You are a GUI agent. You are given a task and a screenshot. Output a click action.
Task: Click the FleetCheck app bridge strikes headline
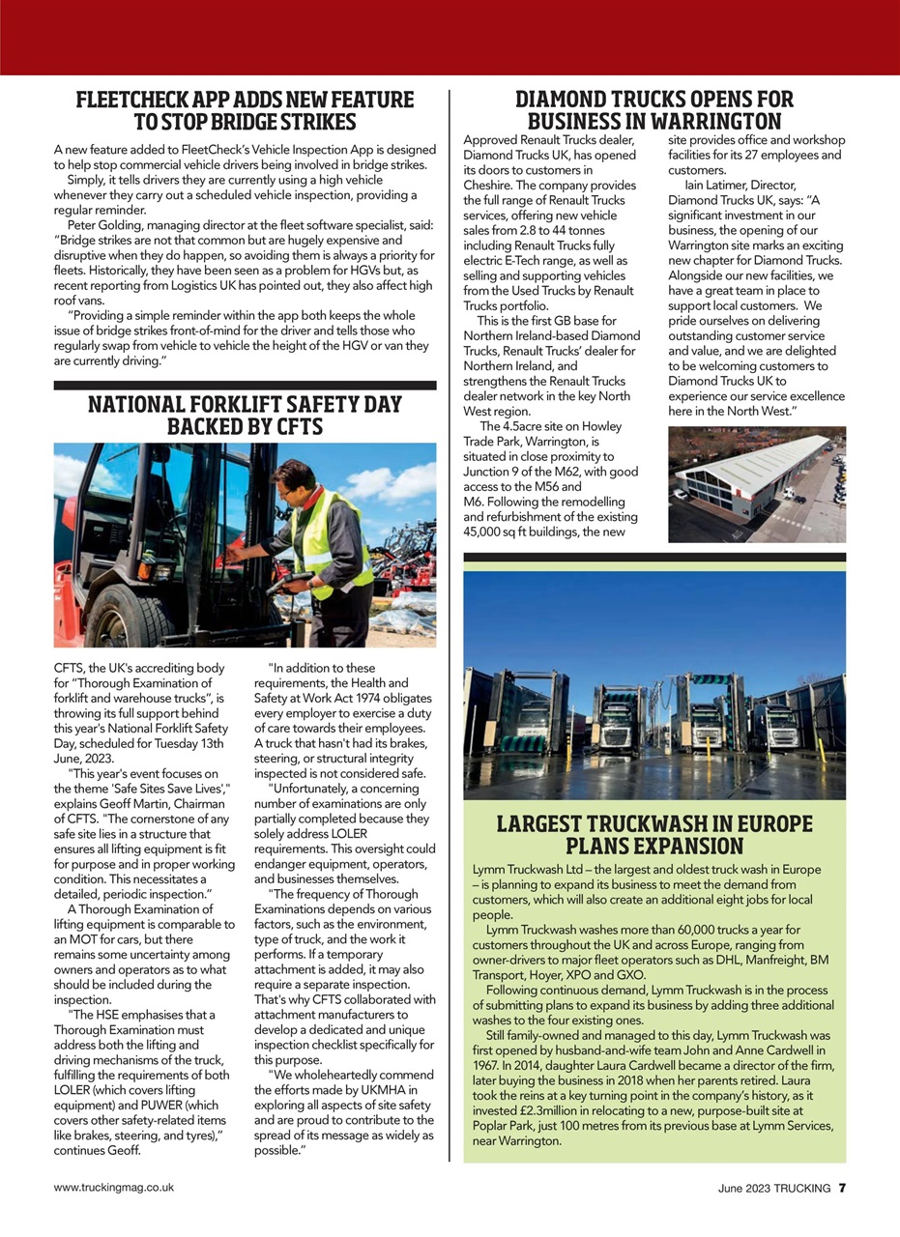pyautogui.click(x=245, y=111)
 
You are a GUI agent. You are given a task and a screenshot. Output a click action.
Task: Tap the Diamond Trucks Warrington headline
pyautogui.click(x=654, y=111)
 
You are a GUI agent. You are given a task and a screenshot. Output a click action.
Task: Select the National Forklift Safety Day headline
pyautogui.click(x=245, y=415)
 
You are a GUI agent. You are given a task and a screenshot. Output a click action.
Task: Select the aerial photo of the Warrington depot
pyautogui.click(x=756, y=484)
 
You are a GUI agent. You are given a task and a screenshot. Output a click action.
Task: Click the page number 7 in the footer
pyautogui.click(x=842, y=1188)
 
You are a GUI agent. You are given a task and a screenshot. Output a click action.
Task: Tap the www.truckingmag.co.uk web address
pyautogui.click(x=114, y=1188)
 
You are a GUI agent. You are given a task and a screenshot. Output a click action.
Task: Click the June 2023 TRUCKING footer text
pyautogui.click(x=773, y=1188)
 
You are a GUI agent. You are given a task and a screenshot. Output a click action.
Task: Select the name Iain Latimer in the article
pyautogui.click(x=723, y=184)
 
